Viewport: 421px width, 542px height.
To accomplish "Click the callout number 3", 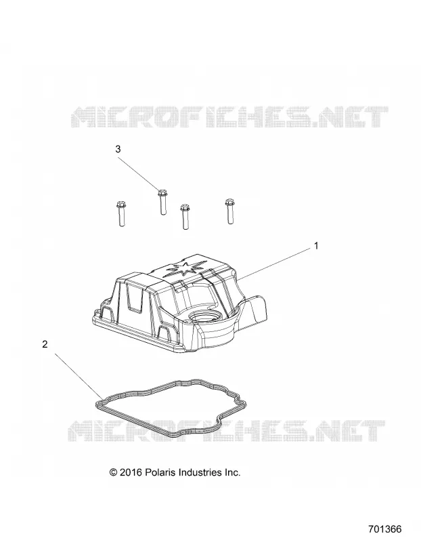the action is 118,149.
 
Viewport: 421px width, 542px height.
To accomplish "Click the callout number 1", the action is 315,246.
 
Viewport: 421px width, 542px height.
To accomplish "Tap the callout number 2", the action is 45,344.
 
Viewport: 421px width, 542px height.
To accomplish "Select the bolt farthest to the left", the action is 120,213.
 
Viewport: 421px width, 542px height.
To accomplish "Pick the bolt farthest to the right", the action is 229,211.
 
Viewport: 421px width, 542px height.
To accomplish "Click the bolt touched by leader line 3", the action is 162,202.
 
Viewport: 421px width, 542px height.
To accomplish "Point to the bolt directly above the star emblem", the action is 185,217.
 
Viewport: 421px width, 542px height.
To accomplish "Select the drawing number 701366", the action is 384,529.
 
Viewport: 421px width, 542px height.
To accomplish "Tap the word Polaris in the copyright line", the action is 160,472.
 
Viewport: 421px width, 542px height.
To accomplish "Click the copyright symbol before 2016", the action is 113,472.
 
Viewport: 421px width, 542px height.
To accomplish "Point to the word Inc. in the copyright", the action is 232,472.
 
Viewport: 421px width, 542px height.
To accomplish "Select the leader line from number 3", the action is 139,174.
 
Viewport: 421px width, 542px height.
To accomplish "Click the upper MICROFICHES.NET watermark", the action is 229,117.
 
